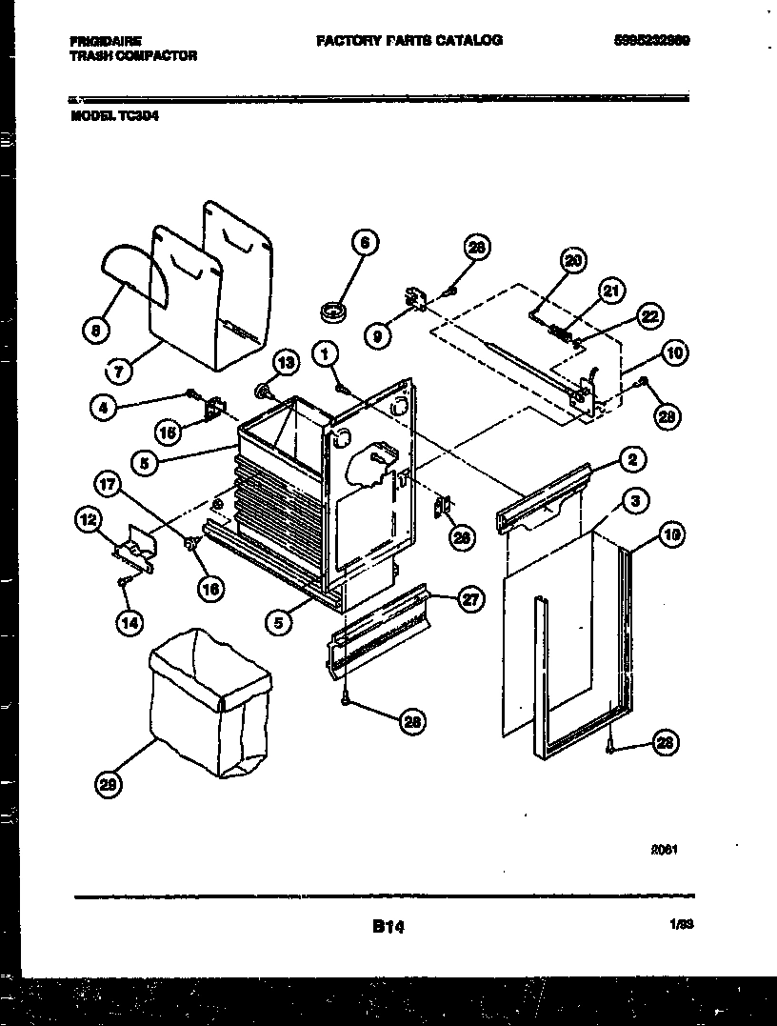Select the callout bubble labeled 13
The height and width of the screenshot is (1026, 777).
tap(285, 360)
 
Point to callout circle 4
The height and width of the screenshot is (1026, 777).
tap(104, 408)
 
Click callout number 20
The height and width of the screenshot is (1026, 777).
tap(572, 260)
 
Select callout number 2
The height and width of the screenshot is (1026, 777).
tap(630, 460)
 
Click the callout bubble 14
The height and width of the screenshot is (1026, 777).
tap(128, 622)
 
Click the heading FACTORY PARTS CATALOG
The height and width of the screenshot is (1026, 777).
tap(408, 41)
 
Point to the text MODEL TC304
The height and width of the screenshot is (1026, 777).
tap(112, 121)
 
